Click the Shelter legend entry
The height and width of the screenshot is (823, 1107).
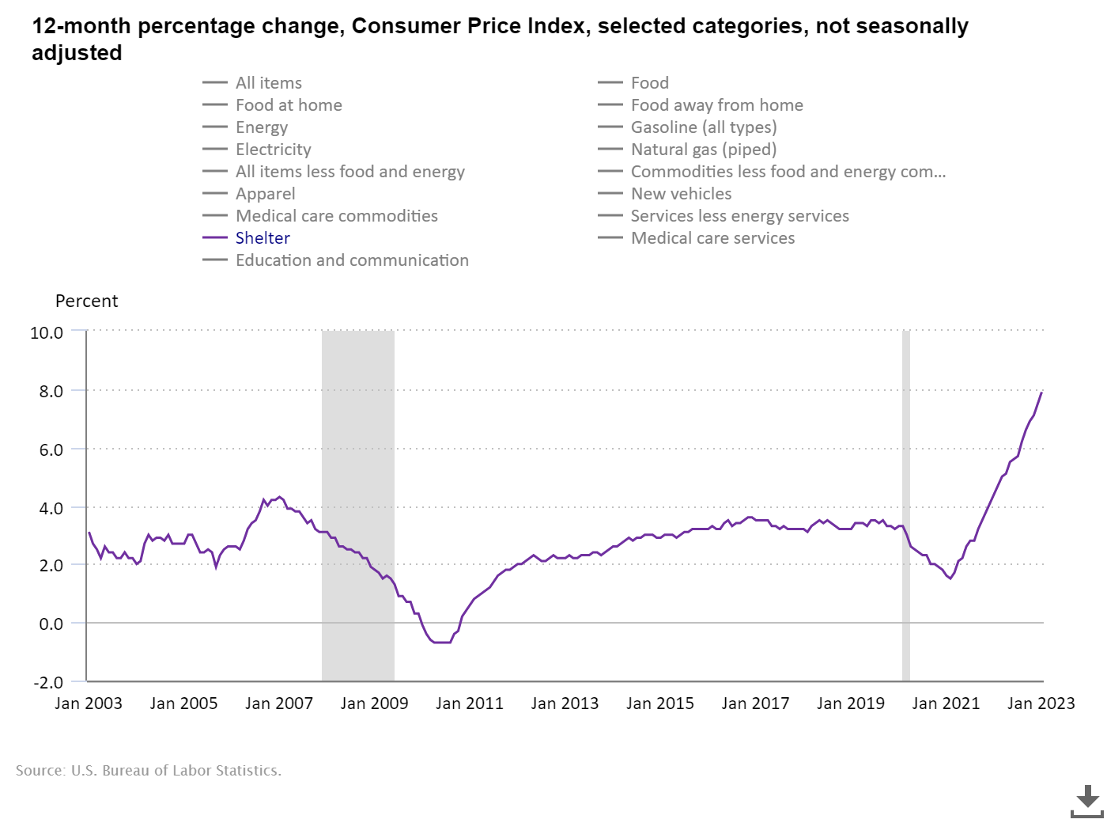click(263, 238)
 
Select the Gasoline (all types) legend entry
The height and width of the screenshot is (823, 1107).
click(703, 127)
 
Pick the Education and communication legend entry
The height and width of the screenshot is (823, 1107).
click(352, 260)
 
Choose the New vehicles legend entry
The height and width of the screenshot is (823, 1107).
click(681, 194)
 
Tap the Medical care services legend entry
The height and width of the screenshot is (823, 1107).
click(712, 238)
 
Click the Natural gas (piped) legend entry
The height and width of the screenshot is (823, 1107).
click(703, 150)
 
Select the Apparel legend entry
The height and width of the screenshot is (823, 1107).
click(265, 194)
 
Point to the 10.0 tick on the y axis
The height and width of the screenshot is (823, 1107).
click(47, 332)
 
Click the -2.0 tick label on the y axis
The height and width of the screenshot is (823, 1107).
click(47, 682)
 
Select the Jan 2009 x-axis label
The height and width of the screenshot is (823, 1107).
click(374, 704)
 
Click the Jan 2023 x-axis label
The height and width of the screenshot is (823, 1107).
click(1041, 704)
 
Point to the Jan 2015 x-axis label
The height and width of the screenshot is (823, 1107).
click(659, 704)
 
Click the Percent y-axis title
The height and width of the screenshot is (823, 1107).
click(86, 302)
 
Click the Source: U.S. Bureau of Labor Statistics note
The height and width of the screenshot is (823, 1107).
click(149, 771)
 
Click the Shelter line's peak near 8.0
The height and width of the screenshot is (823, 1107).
click(1041, 393)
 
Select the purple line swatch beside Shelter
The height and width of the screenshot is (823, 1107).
click(215, 238)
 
